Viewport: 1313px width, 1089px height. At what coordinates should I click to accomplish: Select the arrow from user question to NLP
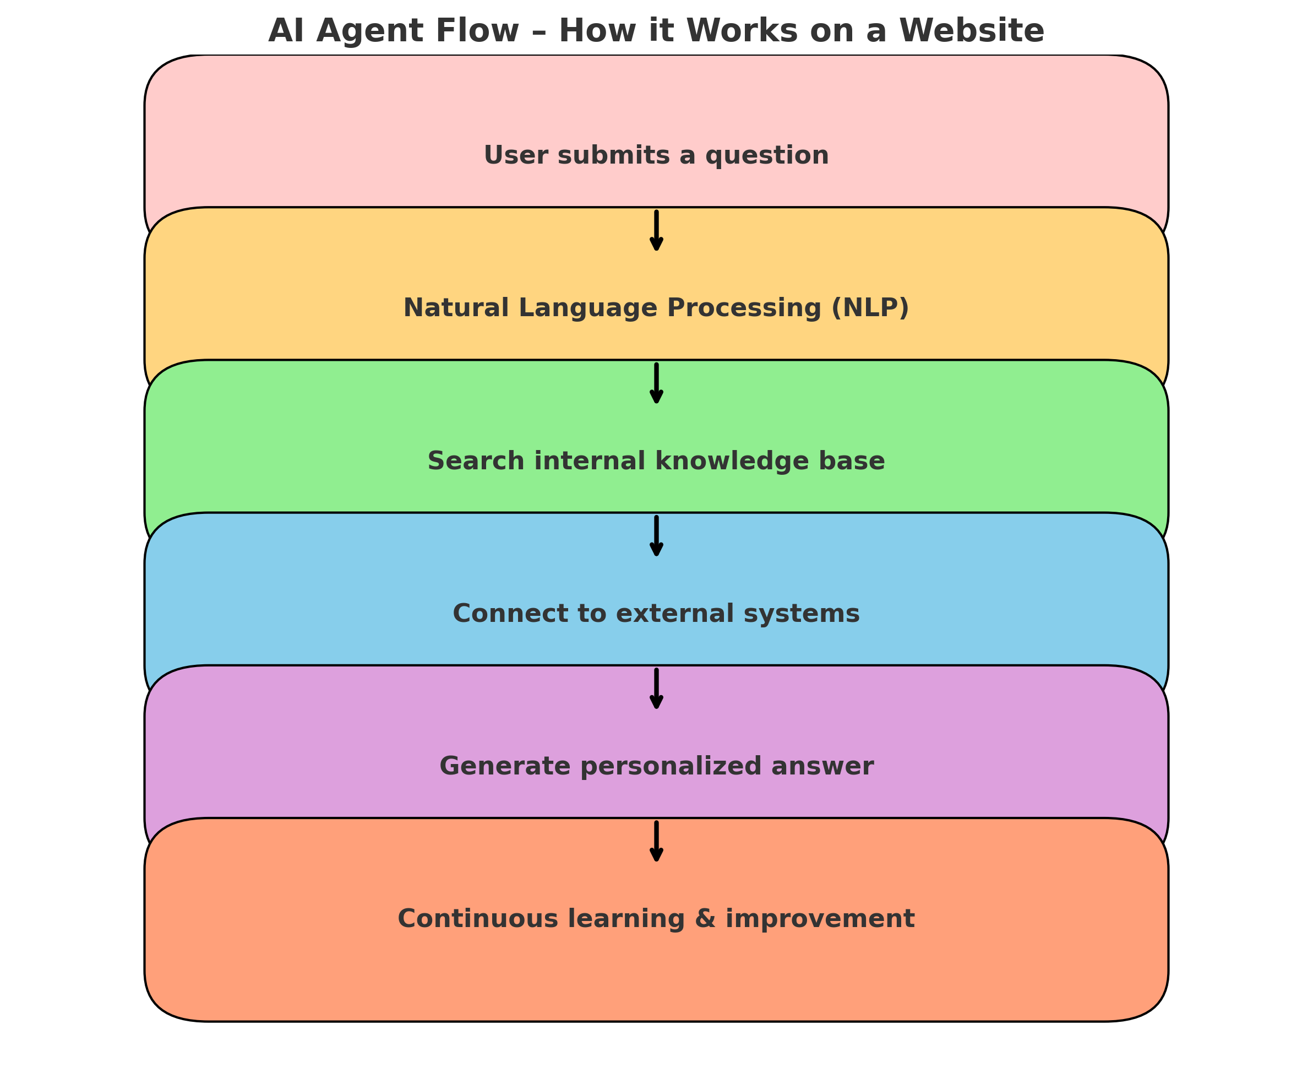656,231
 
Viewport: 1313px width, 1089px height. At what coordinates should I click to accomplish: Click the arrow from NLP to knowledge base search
656,383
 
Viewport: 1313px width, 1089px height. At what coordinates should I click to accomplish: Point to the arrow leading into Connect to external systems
656,536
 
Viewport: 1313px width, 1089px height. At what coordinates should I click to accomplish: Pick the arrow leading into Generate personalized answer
656,689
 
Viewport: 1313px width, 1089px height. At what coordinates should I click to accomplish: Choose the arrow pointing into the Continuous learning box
656,841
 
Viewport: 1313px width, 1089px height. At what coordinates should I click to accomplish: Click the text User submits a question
656,156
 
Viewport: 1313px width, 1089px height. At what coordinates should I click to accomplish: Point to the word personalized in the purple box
672,767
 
